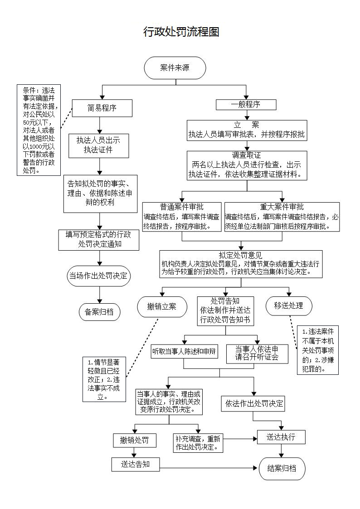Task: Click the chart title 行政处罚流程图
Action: pyautogui.click(x=181, y=32)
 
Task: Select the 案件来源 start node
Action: pyautogui.click(x=175, y=68)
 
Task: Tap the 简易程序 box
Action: pyautogui.click(x=102, y=108)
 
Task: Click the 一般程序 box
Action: pyautogui.click(x=246, y=105)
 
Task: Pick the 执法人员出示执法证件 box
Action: pyautogui.click(x=98, y=145)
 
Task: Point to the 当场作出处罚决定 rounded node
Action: pyautogui.click(x=98, y=276)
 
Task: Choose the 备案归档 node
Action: pyautogui.click(x=99, y=312)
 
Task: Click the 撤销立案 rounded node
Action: pyautogui.click(x=162, y=307)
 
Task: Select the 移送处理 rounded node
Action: pyautogui.click(x=288, y=306)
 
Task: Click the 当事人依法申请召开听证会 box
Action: pyautogui.click(x=257, y=353)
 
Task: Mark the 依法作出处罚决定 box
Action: pyautogui.click(x=253, y=404)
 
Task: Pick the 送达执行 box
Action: pyautogui.click(x=281, y=437)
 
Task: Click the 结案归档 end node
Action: pyautogui.click(x=282, y=468)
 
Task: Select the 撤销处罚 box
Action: pyautogui.click(x=135, y=440)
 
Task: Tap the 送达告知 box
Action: pyautogui.click(x=135, y=464)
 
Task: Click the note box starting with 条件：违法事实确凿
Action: pyautogui.click(x=39, y=130)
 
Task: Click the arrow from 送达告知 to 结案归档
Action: pyautogui.click(x=209, y=468)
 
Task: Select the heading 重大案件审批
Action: pyautogui.click(x=282, y=207)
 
